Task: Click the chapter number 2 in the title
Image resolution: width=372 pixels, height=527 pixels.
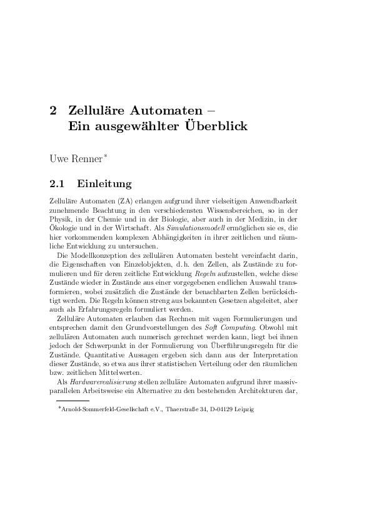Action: (53, 111)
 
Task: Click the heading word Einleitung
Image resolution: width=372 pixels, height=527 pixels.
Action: (105, 184)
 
